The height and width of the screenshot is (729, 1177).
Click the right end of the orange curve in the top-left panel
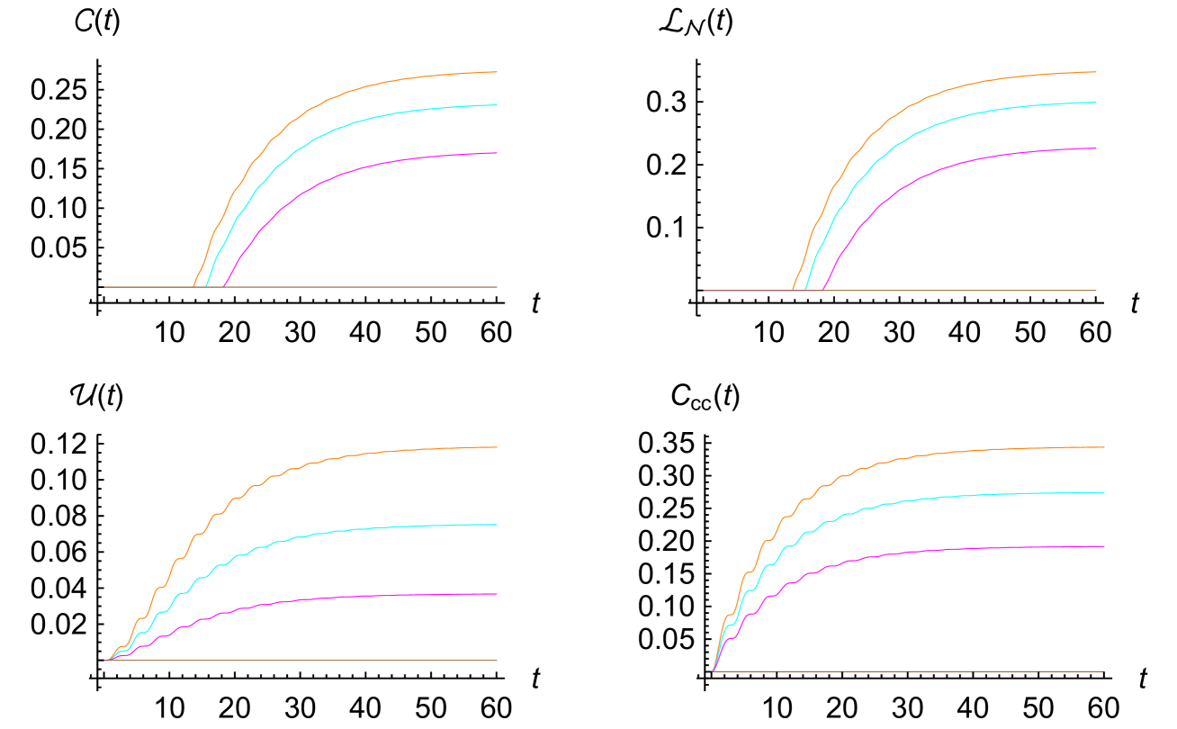[x=497, y=72]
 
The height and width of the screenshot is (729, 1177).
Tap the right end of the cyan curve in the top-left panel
[x=497, y=105]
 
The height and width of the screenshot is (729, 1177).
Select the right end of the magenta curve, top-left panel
[x=497, y=153]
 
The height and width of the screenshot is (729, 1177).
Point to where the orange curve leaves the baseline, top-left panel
[x=193, y=286]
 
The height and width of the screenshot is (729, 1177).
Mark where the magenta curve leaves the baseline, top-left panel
[x=224, y=286]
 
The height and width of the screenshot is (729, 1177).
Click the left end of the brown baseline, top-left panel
[x=104, y=287]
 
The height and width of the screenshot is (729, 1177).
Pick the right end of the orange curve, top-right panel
[x=1096, y=72]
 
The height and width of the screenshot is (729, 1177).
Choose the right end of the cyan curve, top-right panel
[x=1096, y=103]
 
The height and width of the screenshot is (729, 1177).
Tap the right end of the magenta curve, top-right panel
[x=1096, y=148]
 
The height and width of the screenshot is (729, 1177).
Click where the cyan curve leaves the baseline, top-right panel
[x=805, y=290]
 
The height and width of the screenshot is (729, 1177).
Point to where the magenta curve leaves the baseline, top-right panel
[x=823, y=290]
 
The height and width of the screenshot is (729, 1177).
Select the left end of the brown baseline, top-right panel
[x=704, y=291]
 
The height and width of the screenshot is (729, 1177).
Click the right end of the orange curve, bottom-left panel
[x=497, y=447]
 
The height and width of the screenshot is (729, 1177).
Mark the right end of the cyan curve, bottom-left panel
[x=497, y=525]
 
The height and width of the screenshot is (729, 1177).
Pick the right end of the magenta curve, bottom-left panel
[x=497, y=594]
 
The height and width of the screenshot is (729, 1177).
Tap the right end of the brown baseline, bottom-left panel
[x=497, y=661]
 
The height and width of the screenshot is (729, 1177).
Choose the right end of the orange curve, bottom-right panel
[x=1104, y=447]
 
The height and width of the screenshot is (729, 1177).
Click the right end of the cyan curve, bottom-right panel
[x=1104, y=492]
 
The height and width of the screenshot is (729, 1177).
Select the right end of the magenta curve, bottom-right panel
[x=1104, y=546]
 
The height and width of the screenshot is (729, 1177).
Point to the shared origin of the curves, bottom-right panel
[x=714, y=670]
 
